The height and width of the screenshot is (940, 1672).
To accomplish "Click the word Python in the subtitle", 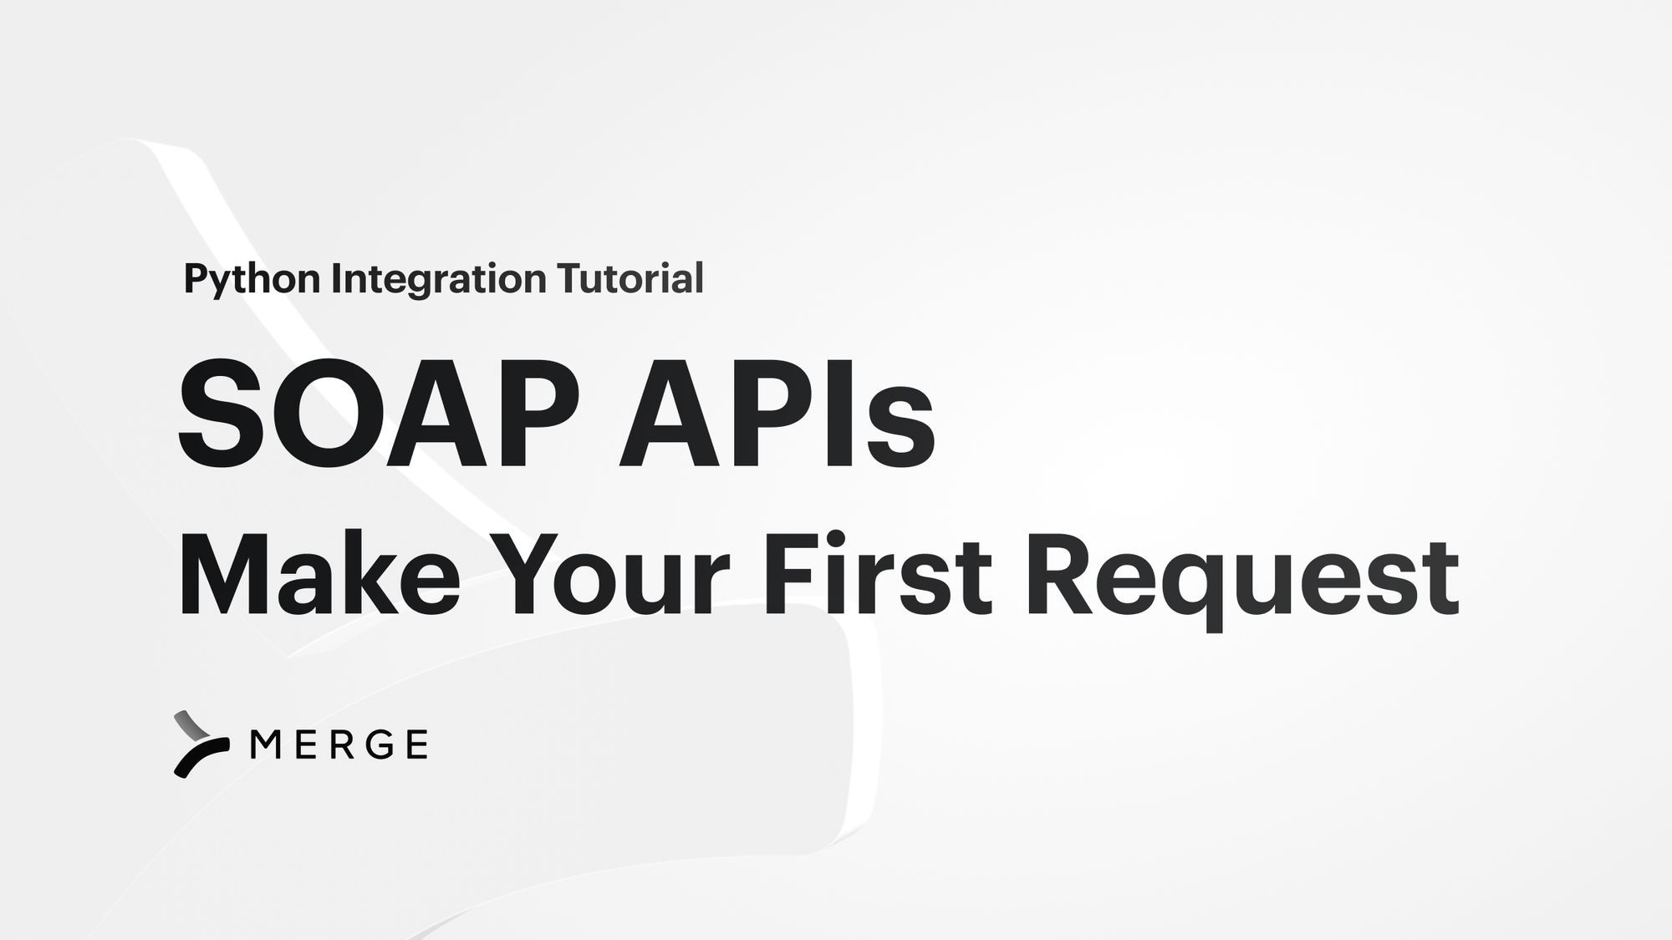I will (x=252, y=279).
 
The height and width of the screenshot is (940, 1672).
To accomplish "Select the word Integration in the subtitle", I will (x=438, y=278).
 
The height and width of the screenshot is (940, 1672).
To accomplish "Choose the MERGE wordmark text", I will (x=339, y=744).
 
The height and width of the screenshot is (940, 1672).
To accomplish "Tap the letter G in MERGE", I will (x=381, y=744).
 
